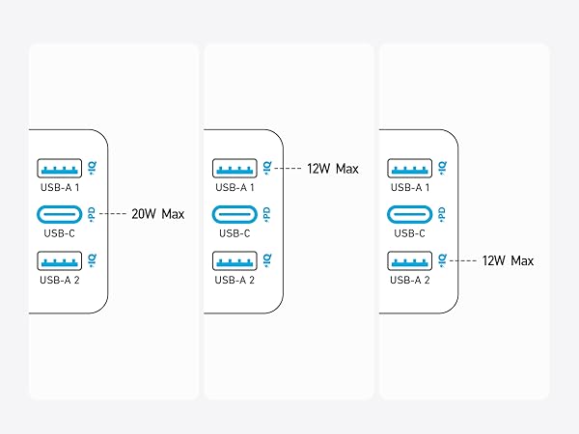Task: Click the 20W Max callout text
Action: coord(157,214)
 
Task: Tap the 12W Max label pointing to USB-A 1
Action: coord(333,169)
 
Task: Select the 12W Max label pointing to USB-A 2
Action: coord(508,260)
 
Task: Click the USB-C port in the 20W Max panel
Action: coord(60,214)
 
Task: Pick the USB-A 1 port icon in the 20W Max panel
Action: coord(60,168)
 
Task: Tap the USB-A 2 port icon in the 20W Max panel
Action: coord(60,260)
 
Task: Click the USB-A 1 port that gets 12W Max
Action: coord(234,168)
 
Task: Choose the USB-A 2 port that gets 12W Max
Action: coord(409,260)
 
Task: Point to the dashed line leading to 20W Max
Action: coord(113,214)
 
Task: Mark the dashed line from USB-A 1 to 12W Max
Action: coord(288,169)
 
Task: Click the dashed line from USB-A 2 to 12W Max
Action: coord(463,260)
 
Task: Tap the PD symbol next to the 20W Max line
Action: coord(92,214)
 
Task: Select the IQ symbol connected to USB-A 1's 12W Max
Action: coord(267,168)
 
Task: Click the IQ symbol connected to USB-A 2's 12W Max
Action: coord(442,260)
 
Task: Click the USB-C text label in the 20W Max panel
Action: coord(60,233)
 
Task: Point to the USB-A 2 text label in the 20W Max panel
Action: coord(60,280)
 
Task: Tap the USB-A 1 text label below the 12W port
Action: coord(234,187)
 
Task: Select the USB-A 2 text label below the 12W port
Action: coord(410,280)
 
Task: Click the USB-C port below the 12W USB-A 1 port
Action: coord(234,214)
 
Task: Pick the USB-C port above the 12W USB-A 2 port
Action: coord(409,214)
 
